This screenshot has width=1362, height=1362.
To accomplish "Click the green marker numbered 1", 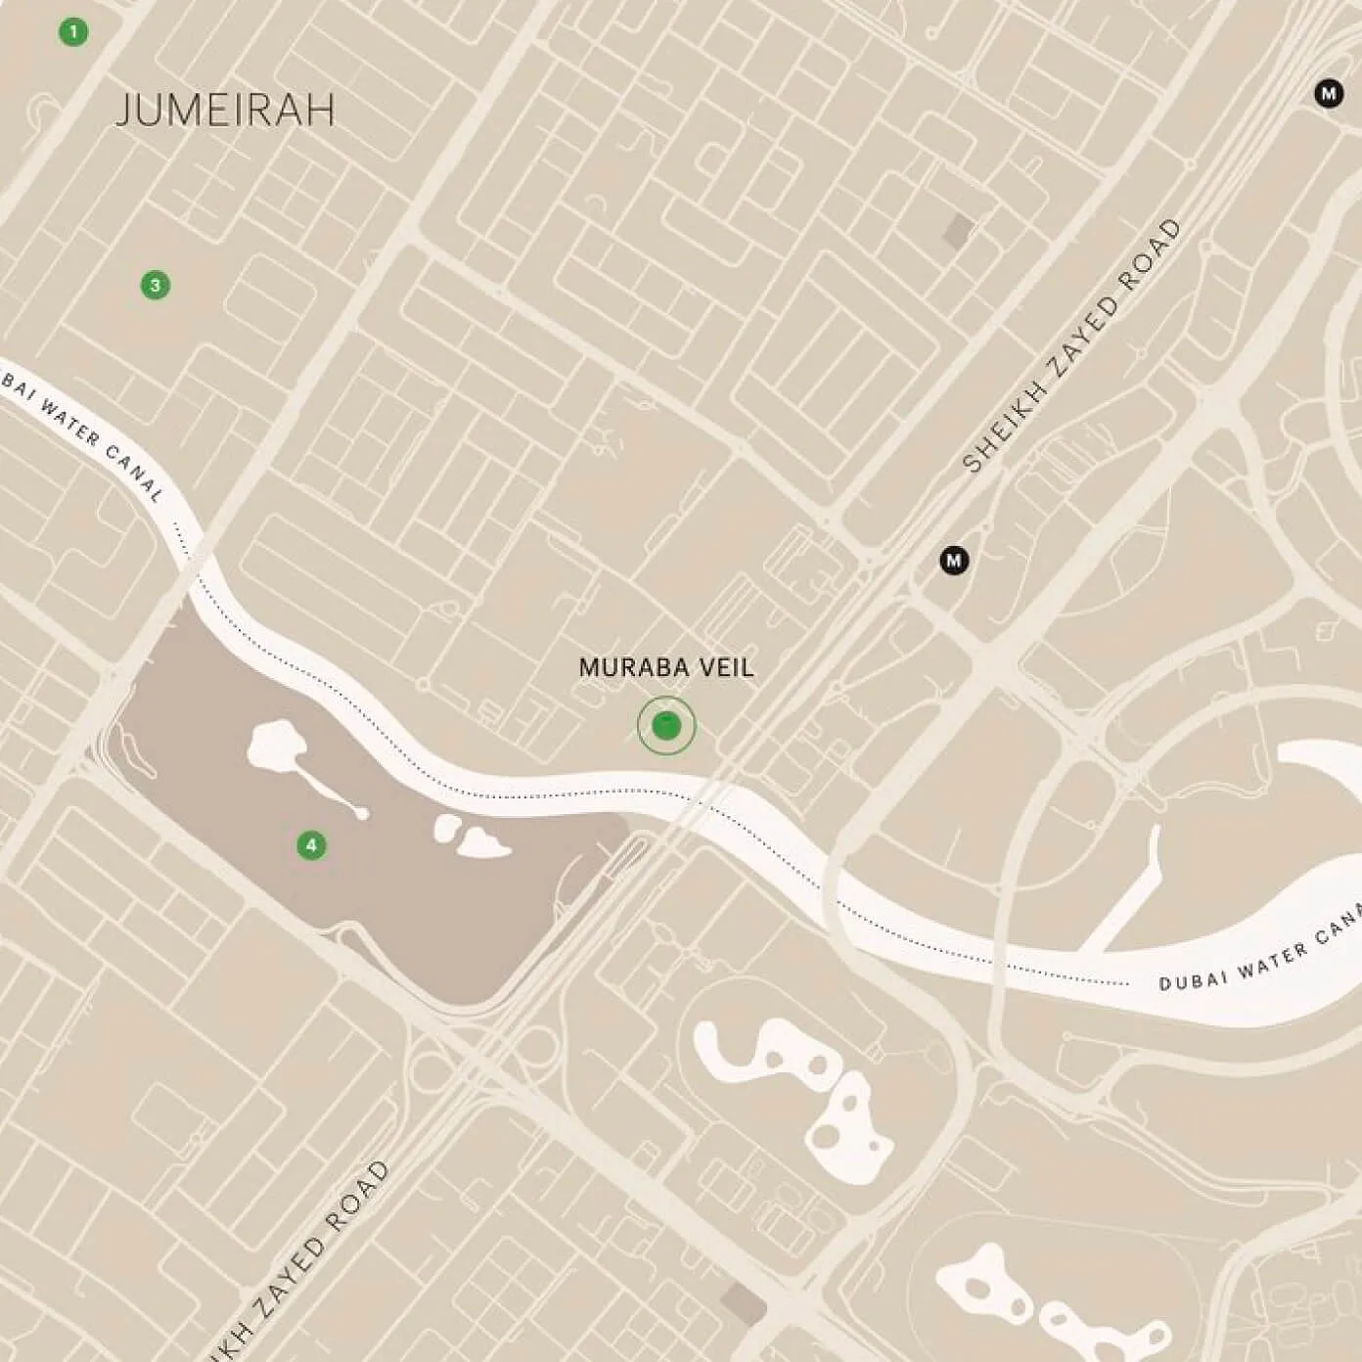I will (x=72, y=32).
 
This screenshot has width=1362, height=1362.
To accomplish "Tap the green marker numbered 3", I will (x=155, y=285).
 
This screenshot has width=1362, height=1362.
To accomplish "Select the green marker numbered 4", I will (x=311, y=844).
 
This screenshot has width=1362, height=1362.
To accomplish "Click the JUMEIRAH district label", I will (x=225, y=110).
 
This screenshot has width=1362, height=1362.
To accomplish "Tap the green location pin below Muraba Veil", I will (x=665, y=726).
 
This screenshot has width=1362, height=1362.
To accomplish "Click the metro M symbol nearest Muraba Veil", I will (x=954, y=561).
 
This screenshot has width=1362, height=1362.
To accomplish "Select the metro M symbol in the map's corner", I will (x=1328, y=94).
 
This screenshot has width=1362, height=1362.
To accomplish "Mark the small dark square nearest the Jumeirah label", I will (x=958, y=231).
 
